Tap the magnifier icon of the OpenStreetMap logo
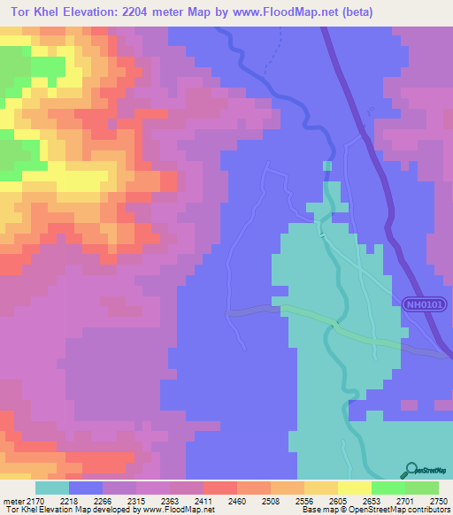pos(411,468)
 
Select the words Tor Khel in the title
pos(35,12)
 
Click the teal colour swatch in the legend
pos(52,488)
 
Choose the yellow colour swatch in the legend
pos(354,488)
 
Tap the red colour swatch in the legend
pos(219,488)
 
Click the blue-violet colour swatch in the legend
pos(86,488)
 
